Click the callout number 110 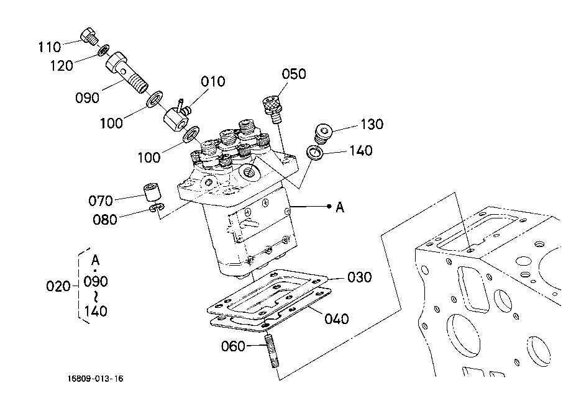[x=50, y=47]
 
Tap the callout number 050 [x=294, y=74]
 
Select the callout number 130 [x=372, y=124]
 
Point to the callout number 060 [x=233, y=346]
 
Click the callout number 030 [x=359, y=277]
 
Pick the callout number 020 [x=58, y=286]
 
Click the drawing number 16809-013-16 [x=96, y=379]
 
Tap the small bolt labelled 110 [x=89, y=35]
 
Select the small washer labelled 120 [x=104, y=50]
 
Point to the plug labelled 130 [x=322, y=133]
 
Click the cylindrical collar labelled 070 [x=152, y=192]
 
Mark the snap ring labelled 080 [x=157, y=208]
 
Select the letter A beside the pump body [x=340, y=207]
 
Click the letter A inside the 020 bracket [x=95, y=260]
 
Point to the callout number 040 [x=337, y=318]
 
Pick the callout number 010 [x=213, y=81]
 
